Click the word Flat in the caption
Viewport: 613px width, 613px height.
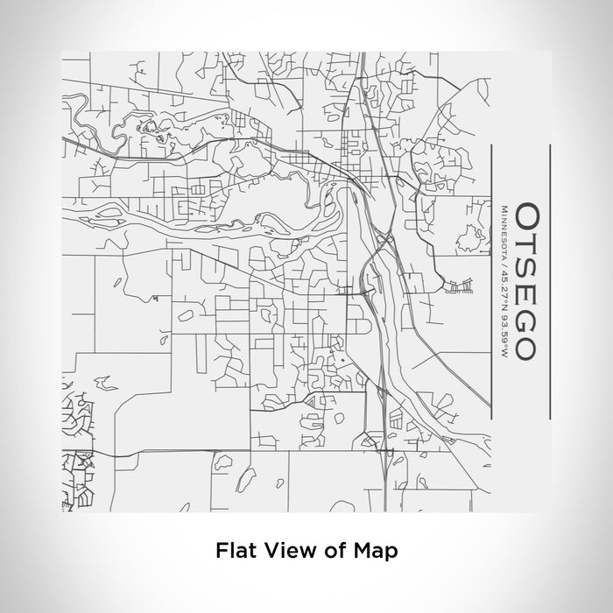236,552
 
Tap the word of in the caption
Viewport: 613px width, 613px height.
336,552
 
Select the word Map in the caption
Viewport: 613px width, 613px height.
377,552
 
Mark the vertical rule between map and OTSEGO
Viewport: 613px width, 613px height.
489,280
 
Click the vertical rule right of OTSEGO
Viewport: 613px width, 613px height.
548,280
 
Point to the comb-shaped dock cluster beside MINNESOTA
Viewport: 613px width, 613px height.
458,286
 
